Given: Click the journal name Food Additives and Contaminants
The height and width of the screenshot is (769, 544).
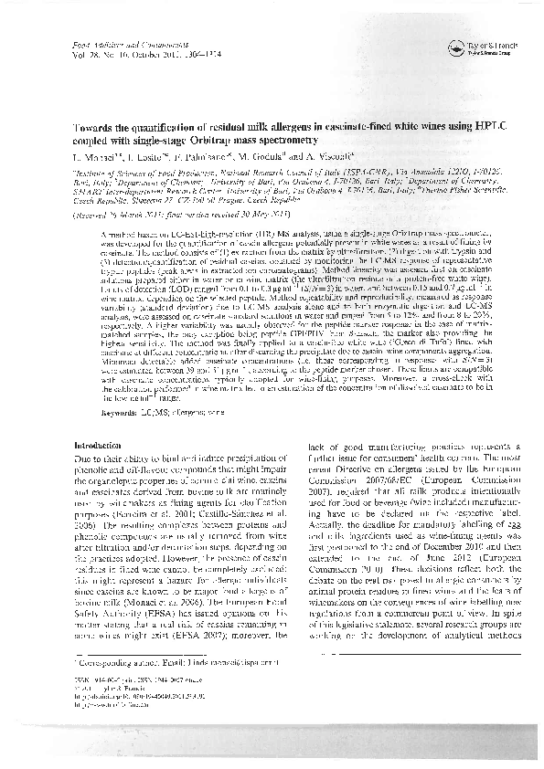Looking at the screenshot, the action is point(108,45).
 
